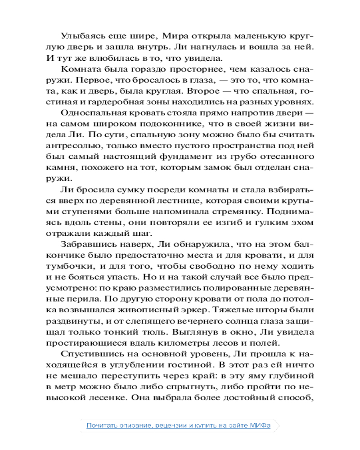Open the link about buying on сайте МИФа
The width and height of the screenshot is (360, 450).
[x=179, y=426]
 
